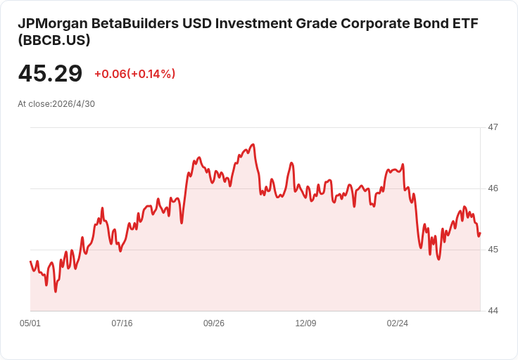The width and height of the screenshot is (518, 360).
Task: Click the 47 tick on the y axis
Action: coord(493,127)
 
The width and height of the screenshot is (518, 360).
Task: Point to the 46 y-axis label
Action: coord(493,188)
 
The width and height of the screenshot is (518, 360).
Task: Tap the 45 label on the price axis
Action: coord(493,250)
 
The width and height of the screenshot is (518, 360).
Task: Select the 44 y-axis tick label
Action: coord(493,311)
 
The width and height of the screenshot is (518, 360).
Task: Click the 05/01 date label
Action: coord(30,323)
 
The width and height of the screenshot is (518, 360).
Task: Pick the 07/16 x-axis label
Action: coord(122,323)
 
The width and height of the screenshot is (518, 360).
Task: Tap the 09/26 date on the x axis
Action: coord(214,323)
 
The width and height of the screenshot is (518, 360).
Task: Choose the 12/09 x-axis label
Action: coord(305,323)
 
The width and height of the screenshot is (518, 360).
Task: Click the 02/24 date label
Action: coord(398,323)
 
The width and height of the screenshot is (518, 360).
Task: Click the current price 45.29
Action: coord(50,73)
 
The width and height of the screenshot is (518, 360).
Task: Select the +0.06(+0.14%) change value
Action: coord(135,74)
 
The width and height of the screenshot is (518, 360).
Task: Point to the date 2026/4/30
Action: coord(74,104)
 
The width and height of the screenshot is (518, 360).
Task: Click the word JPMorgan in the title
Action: coord(53,24)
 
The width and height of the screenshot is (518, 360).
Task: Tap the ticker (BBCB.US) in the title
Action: coord(54,40)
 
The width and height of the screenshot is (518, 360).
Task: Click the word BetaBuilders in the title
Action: coord(135,24)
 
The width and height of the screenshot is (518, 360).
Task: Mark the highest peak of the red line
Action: coord(253,144)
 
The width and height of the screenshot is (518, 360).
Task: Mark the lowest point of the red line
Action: coord(56,292)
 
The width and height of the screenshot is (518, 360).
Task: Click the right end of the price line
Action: coord(480,233)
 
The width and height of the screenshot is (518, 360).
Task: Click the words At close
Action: coord(34,104)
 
